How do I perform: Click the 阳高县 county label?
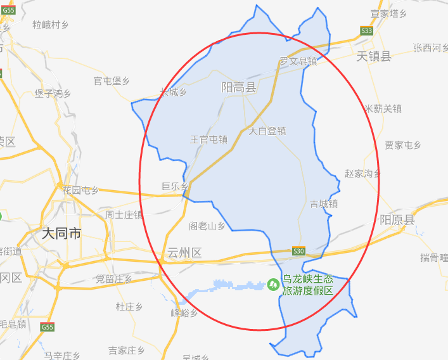click(x=238, y=87)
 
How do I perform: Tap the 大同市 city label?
click(x=61, y=233)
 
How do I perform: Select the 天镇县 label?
click(x=374, y=56)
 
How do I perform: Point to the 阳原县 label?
click(x=397, y=220)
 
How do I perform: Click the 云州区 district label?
click(x=184, y=253)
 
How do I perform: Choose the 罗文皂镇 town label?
click(x=298, y=61)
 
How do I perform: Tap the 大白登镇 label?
click(x=267, y=131)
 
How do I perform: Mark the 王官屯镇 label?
click(x=208, y=139)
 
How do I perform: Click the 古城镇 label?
click(x=323, y=204)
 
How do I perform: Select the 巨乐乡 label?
click(x=174, y=186)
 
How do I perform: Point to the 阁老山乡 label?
click(x=207, y=226)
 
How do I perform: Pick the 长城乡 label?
click(x=173, y=93)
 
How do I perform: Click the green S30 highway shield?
click(x=299, y=251)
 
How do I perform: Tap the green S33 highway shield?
click(x=366, y=30)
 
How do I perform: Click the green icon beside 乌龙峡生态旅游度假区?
click(x=274, y=284)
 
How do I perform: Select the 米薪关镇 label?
click(x=383, y=109)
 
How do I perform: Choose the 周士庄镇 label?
click(x=124, y=214)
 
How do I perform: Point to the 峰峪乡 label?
click(x=184, y=313)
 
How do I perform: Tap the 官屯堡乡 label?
click(x=112, y=80)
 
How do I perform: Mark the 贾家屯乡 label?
click(x=403, y=145)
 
